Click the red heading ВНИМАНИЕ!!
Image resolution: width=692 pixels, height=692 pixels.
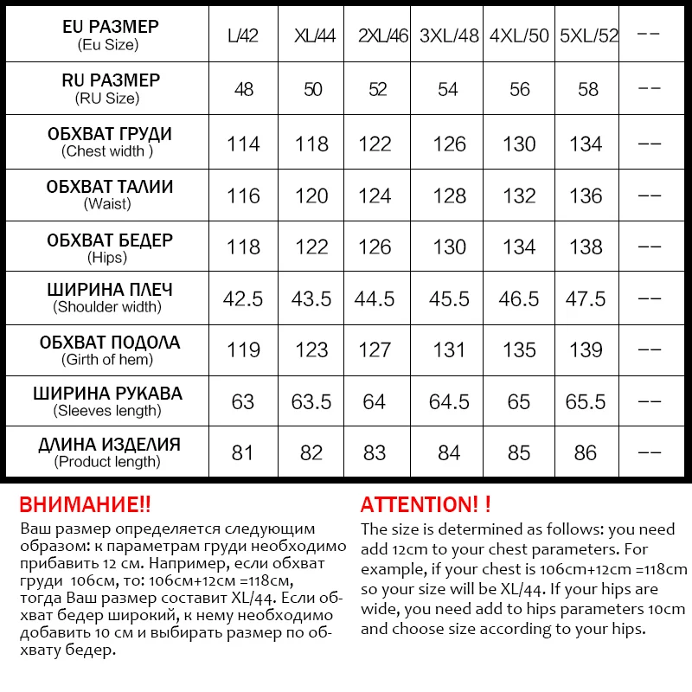pyautogui.click(x=85, y=505)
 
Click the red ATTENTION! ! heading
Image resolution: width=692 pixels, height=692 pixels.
pyautogui.click(x=426, y=505)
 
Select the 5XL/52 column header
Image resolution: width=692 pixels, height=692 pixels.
pyautogui.click(x=590, y=36)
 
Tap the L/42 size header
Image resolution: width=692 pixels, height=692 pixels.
pyautogui.click(x=243, y=36)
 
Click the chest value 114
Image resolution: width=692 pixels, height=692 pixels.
pyautogui.click(x=243, y=144)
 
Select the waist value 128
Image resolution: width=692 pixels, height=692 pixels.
pyautogui.click(x=450, y=196)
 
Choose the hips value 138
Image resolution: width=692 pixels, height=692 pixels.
pyautogui.click(x=586, y=247)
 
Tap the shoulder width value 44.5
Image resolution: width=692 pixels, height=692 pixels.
pyautogui.click(x=375, y=298)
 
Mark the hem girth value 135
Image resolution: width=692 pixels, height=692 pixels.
pyautogui.click(x=519, y=349)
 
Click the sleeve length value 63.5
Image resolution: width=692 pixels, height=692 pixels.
pyautogui.click(x=311, y=401)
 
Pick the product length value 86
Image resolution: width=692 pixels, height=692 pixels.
pyautogui.click(x=586, y=452)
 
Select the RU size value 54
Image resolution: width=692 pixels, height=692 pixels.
pyautogui.click(x=448, y=90)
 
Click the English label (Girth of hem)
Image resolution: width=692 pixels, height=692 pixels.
pyautogui.click(x=108, y=359)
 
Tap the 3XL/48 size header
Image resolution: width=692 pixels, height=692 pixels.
pyautogui.click(x=450, y=36)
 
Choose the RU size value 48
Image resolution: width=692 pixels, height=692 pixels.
pyautogui.click(x=244, y=90)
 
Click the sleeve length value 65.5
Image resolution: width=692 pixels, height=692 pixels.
pyautogui.click(x=586, y=401)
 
